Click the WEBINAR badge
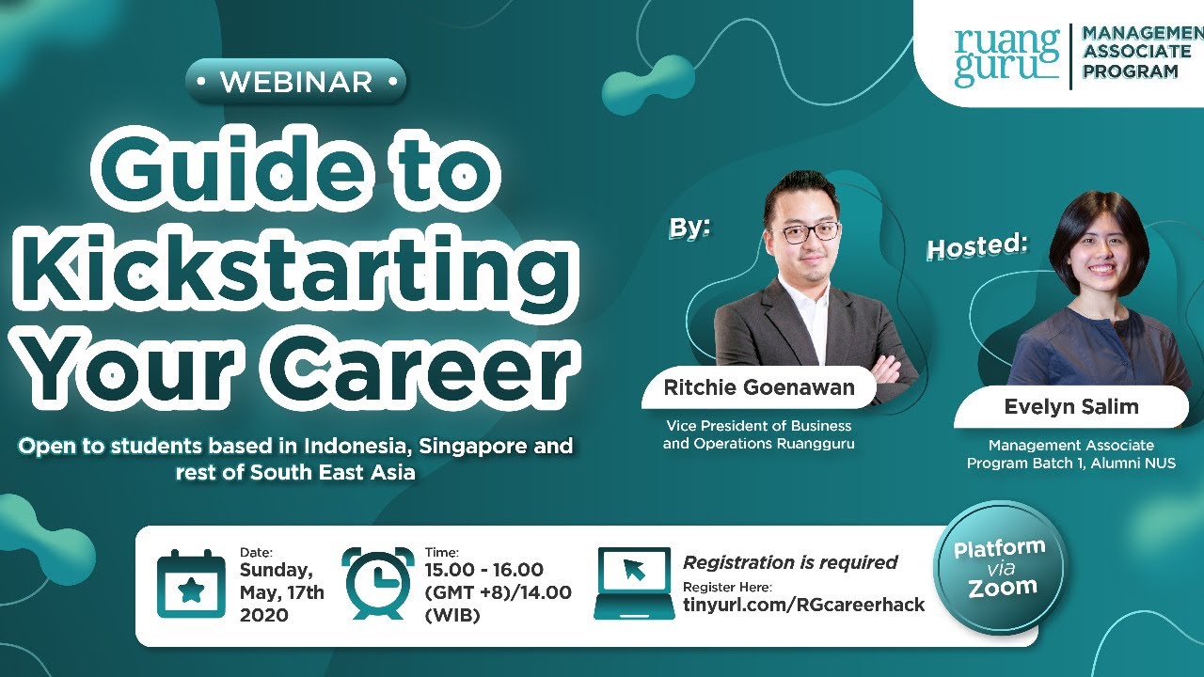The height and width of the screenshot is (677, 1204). tap(296, 82)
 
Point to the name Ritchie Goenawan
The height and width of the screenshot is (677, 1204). tap(758, 387)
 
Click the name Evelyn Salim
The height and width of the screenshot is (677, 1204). tap(1070, 407)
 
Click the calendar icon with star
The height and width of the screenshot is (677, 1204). tap(191, 585)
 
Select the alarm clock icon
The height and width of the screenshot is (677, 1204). tap(378, 583)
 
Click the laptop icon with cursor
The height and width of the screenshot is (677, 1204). tap(634, 583)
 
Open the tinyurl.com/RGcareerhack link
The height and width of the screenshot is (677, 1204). tap(803, 605)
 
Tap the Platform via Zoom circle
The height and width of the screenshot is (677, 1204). tap(999, 568)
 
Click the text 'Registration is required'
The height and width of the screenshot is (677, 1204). tap(790, 562)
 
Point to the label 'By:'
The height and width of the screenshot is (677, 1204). tap(689, 228)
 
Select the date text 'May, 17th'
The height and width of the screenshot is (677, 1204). tap(281, 592)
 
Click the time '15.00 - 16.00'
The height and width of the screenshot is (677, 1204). tap(484, 570)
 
